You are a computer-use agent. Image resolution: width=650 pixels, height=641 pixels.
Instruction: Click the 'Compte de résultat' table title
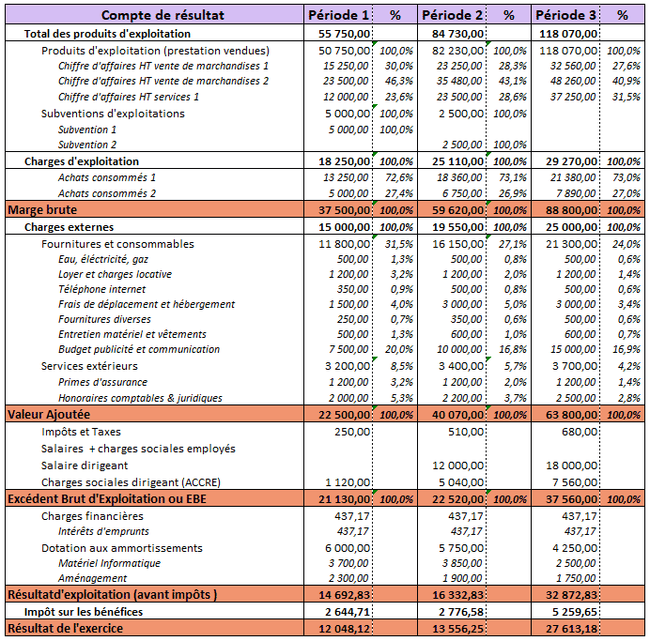(x=162, y=15)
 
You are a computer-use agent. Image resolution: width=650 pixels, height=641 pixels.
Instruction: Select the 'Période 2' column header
(x=452, y=15)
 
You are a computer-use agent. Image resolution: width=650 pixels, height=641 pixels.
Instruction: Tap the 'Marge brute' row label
(x=42, y=209)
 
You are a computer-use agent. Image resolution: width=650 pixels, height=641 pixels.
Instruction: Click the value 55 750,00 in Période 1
(x=344, y=34)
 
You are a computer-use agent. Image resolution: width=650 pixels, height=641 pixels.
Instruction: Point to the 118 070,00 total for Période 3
(x=568, y=34)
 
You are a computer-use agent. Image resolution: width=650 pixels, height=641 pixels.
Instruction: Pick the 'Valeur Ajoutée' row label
(x=49, y=414)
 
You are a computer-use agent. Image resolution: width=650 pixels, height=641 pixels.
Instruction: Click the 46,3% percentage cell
(x=399, y=81)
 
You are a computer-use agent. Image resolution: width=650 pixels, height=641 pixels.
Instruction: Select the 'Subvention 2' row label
(x=87, y=145)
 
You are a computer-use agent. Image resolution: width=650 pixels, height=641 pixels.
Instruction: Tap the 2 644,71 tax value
(x=344, y=612)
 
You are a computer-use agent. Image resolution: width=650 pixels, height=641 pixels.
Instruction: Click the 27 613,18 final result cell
(x=571, y=629)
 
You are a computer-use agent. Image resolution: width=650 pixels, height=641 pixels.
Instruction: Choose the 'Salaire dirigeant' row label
(x=85, y=465)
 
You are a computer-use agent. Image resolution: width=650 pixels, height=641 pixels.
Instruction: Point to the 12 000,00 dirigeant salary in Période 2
(x=457, y=465)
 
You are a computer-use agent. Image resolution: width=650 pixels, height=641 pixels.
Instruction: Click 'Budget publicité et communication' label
(x=139, y=349)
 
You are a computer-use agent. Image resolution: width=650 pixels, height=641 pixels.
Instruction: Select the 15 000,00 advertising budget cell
(x=573, y=349)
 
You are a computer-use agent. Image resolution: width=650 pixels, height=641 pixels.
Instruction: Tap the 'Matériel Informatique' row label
(x=109, y=563)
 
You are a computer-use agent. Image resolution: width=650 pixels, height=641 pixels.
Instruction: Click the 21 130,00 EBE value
(x=344, y=499)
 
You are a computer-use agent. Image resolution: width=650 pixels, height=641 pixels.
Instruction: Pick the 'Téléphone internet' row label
(x=102, y=289)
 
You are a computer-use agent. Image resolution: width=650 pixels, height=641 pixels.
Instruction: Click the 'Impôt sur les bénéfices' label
(x=84, y=612)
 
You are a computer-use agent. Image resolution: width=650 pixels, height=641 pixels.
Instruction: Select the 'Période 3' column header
(x=565, y=15)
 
